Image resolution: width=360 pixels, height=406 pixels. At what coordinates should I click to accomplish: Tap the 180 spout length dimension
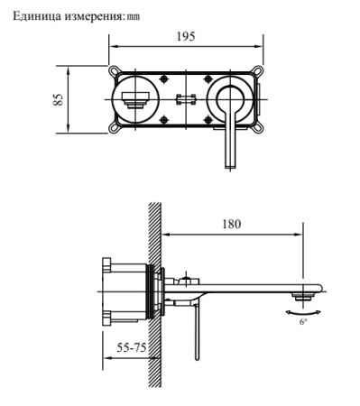click(x=233, y=225)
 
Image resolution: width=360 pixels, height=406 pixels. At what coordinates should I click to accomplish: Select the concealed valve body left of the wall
click(x=125, y=291)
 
